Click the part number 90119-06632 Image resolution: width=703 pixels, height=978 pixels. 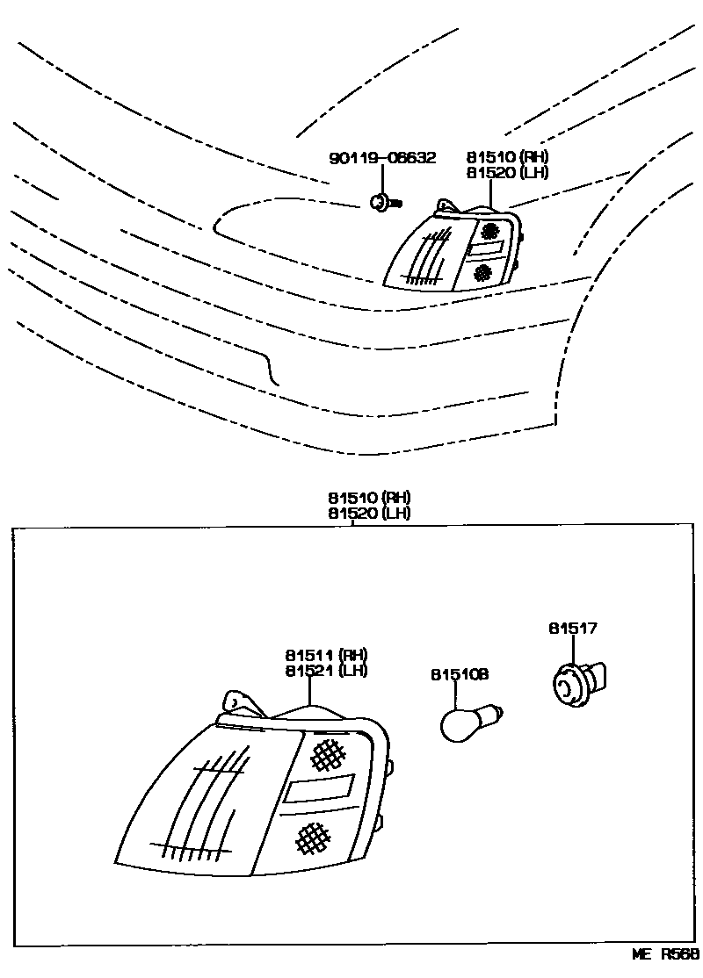[x=382, y=158]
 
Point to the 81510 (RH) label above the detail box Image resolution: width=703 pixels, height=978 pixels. [x=369, y=498]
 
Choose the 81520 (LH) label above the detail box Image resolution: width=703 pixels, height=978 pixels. [x=369, y=513]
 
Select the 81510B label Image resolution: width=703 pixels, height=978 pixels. [x=460, y=674]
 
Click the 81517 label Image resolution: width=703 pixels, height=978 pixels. [x=573, y=629]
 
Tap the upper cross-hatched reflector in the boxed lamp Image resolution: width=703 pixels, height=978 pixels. [x=327, y=751]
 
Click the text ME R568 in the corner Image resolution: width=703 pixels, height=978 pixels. [x=664, y=954]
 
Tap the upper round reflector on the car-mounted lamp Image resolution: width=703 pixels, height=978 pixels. [x=489, y=231]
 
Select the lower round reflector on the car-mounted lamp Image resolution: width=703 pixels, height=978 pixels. [x=482, y=274]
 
